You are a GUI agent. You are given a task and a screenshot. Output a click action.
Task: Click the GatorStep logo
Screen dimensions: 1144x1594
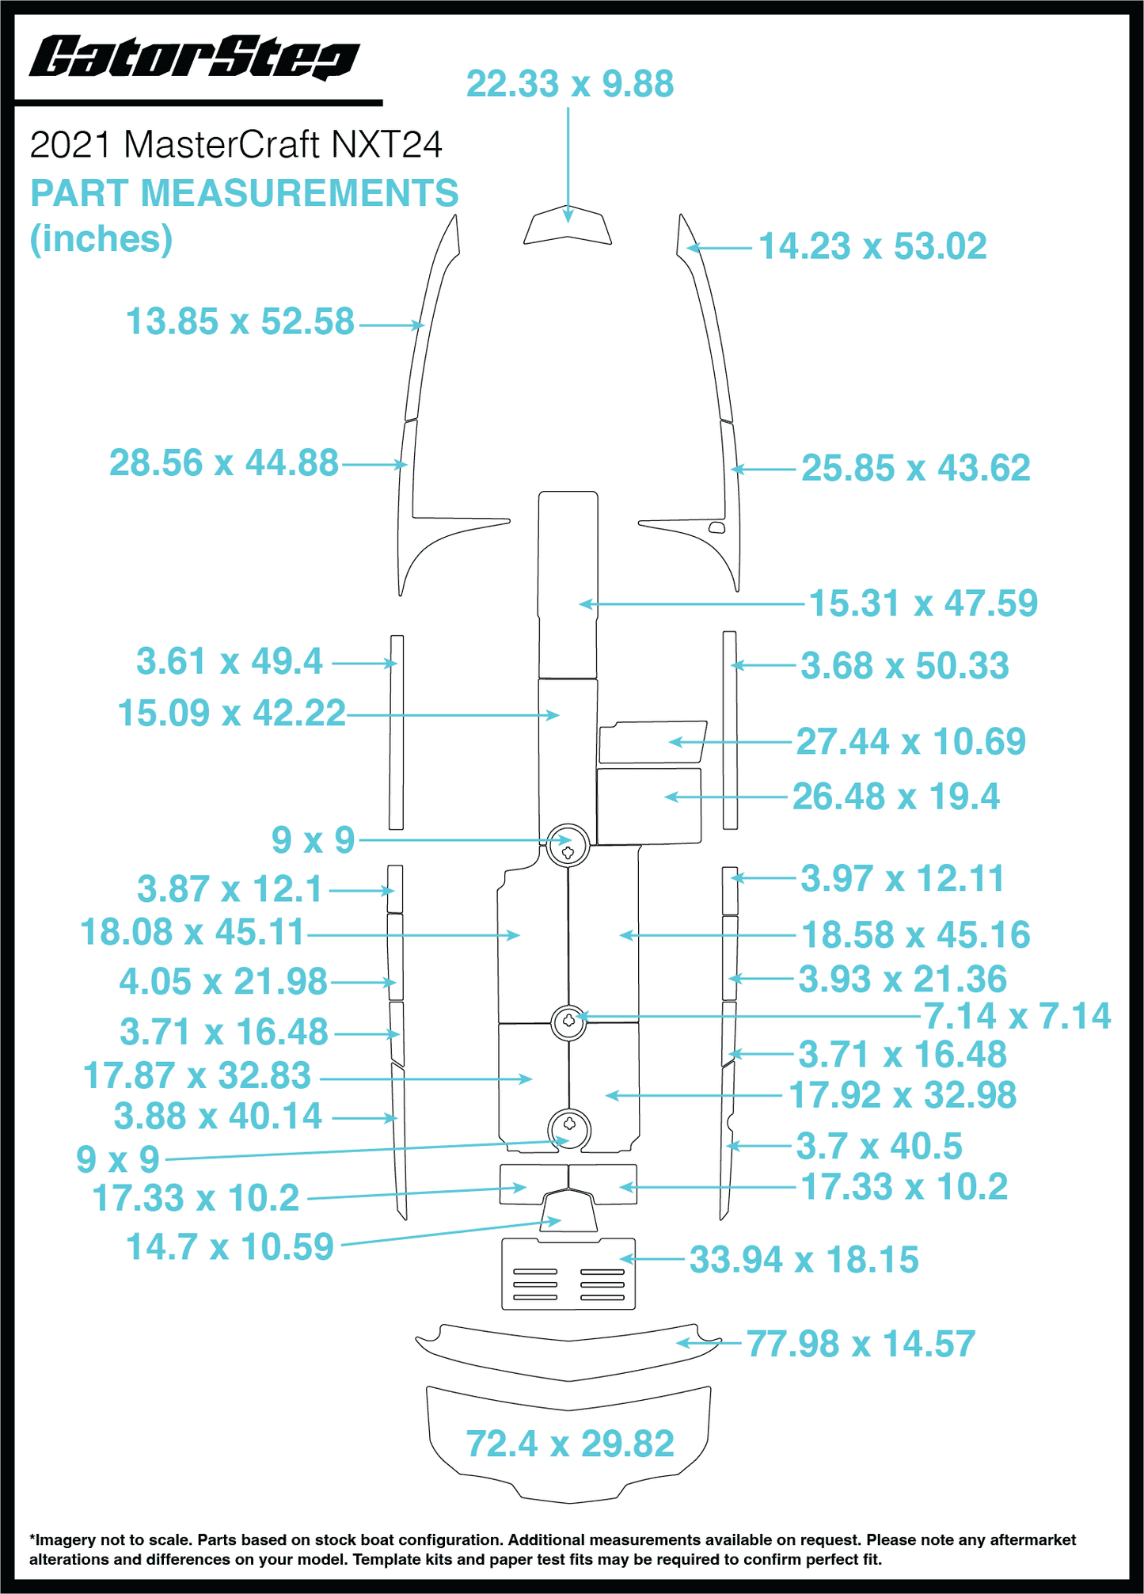click(195, 58)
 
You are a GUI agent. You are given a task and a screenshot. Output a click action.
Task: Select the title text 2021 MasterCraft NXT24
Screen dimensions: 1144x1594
click(236, 145)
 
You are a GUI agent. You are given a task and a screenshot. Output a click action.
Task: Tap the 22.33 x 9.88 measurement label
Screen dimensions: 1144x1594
click(570, 84)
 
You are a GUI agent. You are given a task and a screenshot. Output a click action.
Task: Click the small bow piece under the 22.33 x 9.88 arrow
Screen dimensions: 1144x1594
click(568, 226)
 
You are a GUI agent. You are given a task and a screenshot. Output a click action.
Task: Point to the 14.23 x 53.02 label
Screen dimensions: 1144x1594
click(872, 246)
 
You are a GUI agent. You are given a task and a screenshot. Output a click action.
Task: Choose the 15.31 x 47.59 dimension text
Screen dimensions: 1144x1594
click(923, 603)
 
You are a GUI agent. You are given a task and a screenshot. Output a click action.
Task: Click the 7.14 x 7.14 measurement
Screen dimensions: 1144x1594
click(1018, 1016)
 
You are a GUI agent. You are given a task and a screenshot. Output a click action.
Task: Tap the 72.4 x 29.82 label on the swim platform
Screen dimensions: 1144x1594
click(570, 1444)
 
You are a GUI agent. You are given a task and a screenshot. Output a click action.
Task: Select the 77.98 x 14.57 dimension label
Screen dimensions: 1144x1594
click(861, 1345)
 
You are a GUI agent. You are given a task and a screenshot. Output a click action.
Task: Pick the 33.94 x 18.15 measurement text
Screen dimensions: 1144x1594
click(804, 1260)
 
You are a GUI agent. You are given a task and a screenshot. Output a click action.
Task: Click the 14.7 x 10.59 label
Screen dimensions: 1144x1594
click(230, 1247)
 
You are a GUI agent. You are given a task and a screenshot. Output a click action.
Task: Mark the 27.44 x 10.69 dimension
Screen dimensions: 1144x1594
click(911, 742)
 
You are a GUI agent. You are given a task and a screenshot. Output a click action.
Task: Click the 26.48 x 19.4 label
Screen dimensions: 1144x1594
click(896, 797)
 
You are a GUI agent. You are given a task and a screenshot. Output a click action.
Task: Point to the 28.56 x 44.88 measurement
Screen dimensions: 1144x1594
click(224, 463)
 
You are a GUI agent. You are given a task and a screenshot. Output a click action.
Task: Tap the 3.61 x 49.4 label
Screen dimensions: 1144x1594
click(230, 661)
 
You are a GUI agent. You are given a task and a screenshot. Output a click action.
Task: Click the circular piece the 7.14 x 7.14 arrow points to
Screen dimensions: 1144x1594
click(568, 1021)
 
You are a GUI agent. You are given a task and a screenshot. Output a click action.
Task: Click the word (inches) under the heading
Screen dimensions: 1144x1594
click(101, 239)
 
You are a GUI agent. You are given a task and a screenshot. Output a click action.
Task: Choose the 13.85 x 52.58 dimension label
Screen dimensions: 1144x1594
click(240, 322)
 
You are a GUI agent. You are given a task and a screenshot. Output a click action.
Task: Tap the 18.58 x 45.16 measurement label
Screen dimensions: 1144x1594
click(916, 935)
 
